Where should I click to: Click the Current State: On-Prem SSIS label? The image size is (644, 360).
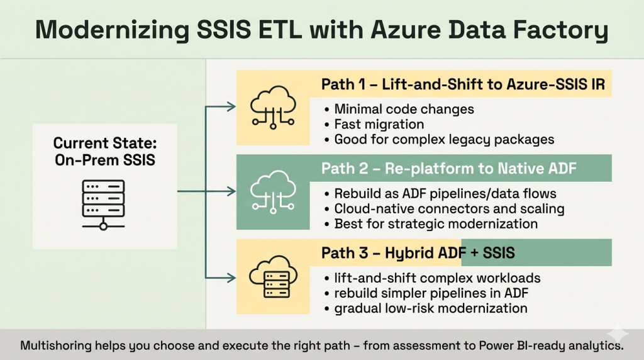tap(104, 151)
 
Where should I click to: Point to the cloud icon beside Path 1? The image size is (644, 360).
tap(268, 108)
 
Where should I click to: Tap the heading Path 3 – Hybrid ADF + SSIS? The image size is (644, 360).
tap(418, 253)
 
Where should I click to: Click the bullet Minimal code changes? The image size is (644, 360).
tap(404, 109)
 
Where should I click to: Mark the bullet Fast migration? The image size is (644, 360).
tap(379, 124)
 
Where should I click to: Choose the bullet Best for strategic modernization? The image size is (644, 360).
tap(435, 223)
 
